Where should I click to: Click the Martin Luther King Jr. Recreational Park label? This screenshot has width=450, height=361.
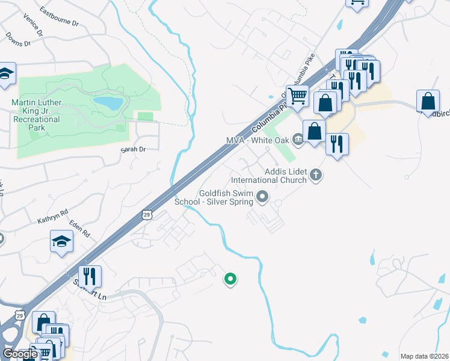[x=36, y=111]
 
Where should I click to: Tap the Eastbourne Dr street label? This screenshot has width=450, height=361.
[x=59, y=16]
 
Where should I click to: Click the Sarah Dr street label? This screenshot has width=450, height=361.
[x=133, y=149]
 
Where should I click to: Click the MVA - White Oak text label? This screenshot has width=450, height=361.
[x=257, y=140]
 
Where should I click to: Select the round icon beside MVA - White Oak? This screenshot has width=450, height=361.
[x=298, y=140]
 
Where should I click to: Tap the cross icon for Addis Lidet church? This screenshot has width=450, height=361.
[x=316, y=175]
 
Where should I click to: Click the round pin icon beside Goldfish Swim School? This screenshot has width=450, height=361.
[x=262, y=196]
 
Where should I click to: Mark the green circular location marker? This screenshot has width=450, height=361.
[x=230, y=279]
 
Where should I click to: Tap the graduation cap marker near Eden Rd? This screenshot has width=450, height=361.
[x=61, y=242]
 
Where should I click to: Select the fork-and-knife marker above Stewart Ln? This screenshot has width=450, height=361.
[x=90, y=276]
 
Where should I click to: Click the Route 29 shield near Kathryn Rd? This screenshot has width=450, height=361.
[x=147, y=214]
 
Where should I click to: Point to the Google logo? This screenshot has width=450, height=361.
[x=20, y=354]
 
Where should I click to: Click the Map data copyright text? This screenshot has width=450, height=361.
[x=424, y=356]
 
